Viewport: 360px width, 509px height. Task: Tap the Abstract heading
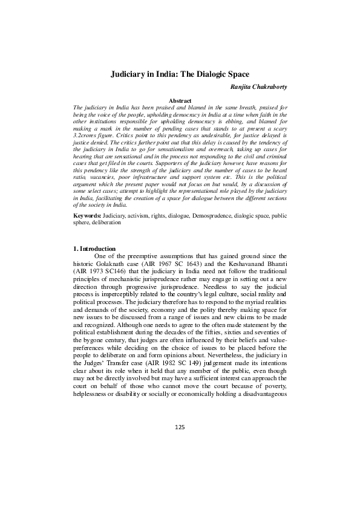(180, 100)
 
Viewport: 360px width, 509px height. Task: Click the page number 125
(180, 427)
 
